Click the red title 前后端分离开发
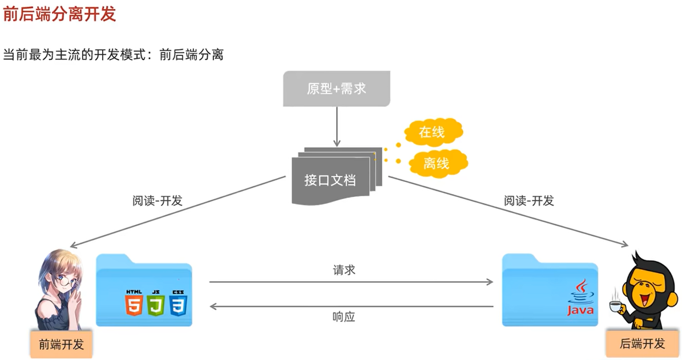pyautogui.click(x=59, y=14)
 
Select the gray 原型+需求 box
pyautogui.click(x=336, y=88)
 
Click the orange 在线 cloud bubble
pyautogui.click(x=431, y=133)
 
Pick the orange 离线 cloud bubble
pyautogui.click(x=436, y=164)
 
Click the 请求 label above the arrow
pyautogui.click(x=344, y=270)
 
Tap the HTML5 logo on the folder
pyautogui.click(x=134, y=303)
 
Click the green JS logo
pyautogui.click(x=155, y=303)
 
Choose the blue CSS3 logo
pyautogui.click(x=177, y=303)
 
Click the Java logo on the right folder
pyautogui.click(x=580, y=298)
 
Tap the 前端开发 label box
pyautogui.click(x=61, y=345)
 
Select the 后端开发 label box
pyautogui.click(x=642, y=343)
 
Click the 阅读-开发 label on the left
pyautogui.click(x=157, y=201)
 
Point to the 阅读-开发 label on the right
pyautogui.click(x=528, y=201)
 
